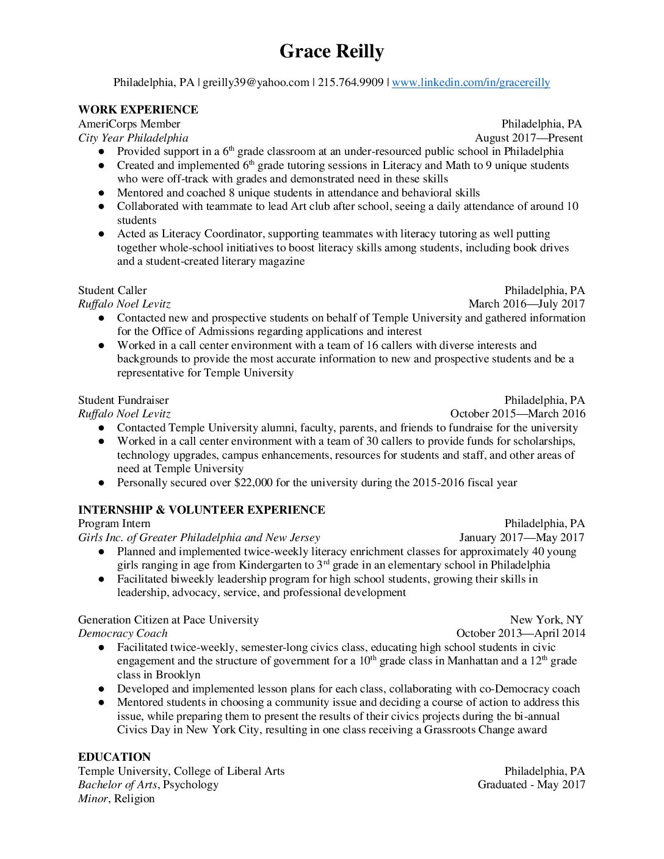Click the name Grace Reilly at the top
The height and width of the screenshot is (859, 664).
tap(331, 52)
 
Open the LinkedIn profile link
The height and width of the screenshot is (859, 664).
tap(471, 82)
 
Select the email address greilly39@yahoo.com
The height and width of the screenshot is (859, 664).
tap(256, 82)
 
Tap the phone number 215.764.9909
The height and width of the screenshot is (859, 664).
tap(350, 82)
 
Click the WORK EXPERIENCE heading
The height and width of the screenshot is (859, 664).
tap(138, 110)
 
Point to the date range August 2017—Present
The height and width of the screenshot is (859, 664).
tap(529, 138)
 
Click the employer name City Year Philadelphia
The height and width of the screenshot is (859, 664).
tap(133, 138)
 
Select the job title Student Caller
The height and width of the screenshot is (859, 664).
tap(112, 290)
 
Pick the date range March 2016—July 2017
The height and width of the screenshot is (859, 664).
tap(526, 304)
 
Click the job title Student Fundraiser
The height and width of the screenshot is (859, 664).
tap(123, 400)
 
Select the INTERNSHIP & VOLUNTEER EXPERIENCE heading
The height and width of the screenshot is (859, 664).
tap(201, 510)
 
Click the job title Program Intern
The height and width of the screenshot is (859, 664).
tap(114, 523)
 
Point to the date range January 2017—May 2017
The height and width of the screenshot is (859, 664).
tap(521, 537)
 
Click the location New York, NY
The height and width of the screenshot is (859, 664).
tap(546, 620)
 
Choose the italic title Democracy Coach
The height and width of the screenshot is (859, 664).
tap(123, 633)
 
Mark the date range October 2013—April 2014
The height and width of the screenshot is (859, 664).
tap(521, 633)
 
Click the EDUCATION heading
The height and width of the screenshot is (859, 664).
tap(114, 757)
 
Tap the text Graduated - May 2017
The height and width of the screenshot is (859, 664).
tap(531, 785)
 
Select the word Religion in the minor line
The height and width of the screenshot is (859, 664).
tap(134, 799)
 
